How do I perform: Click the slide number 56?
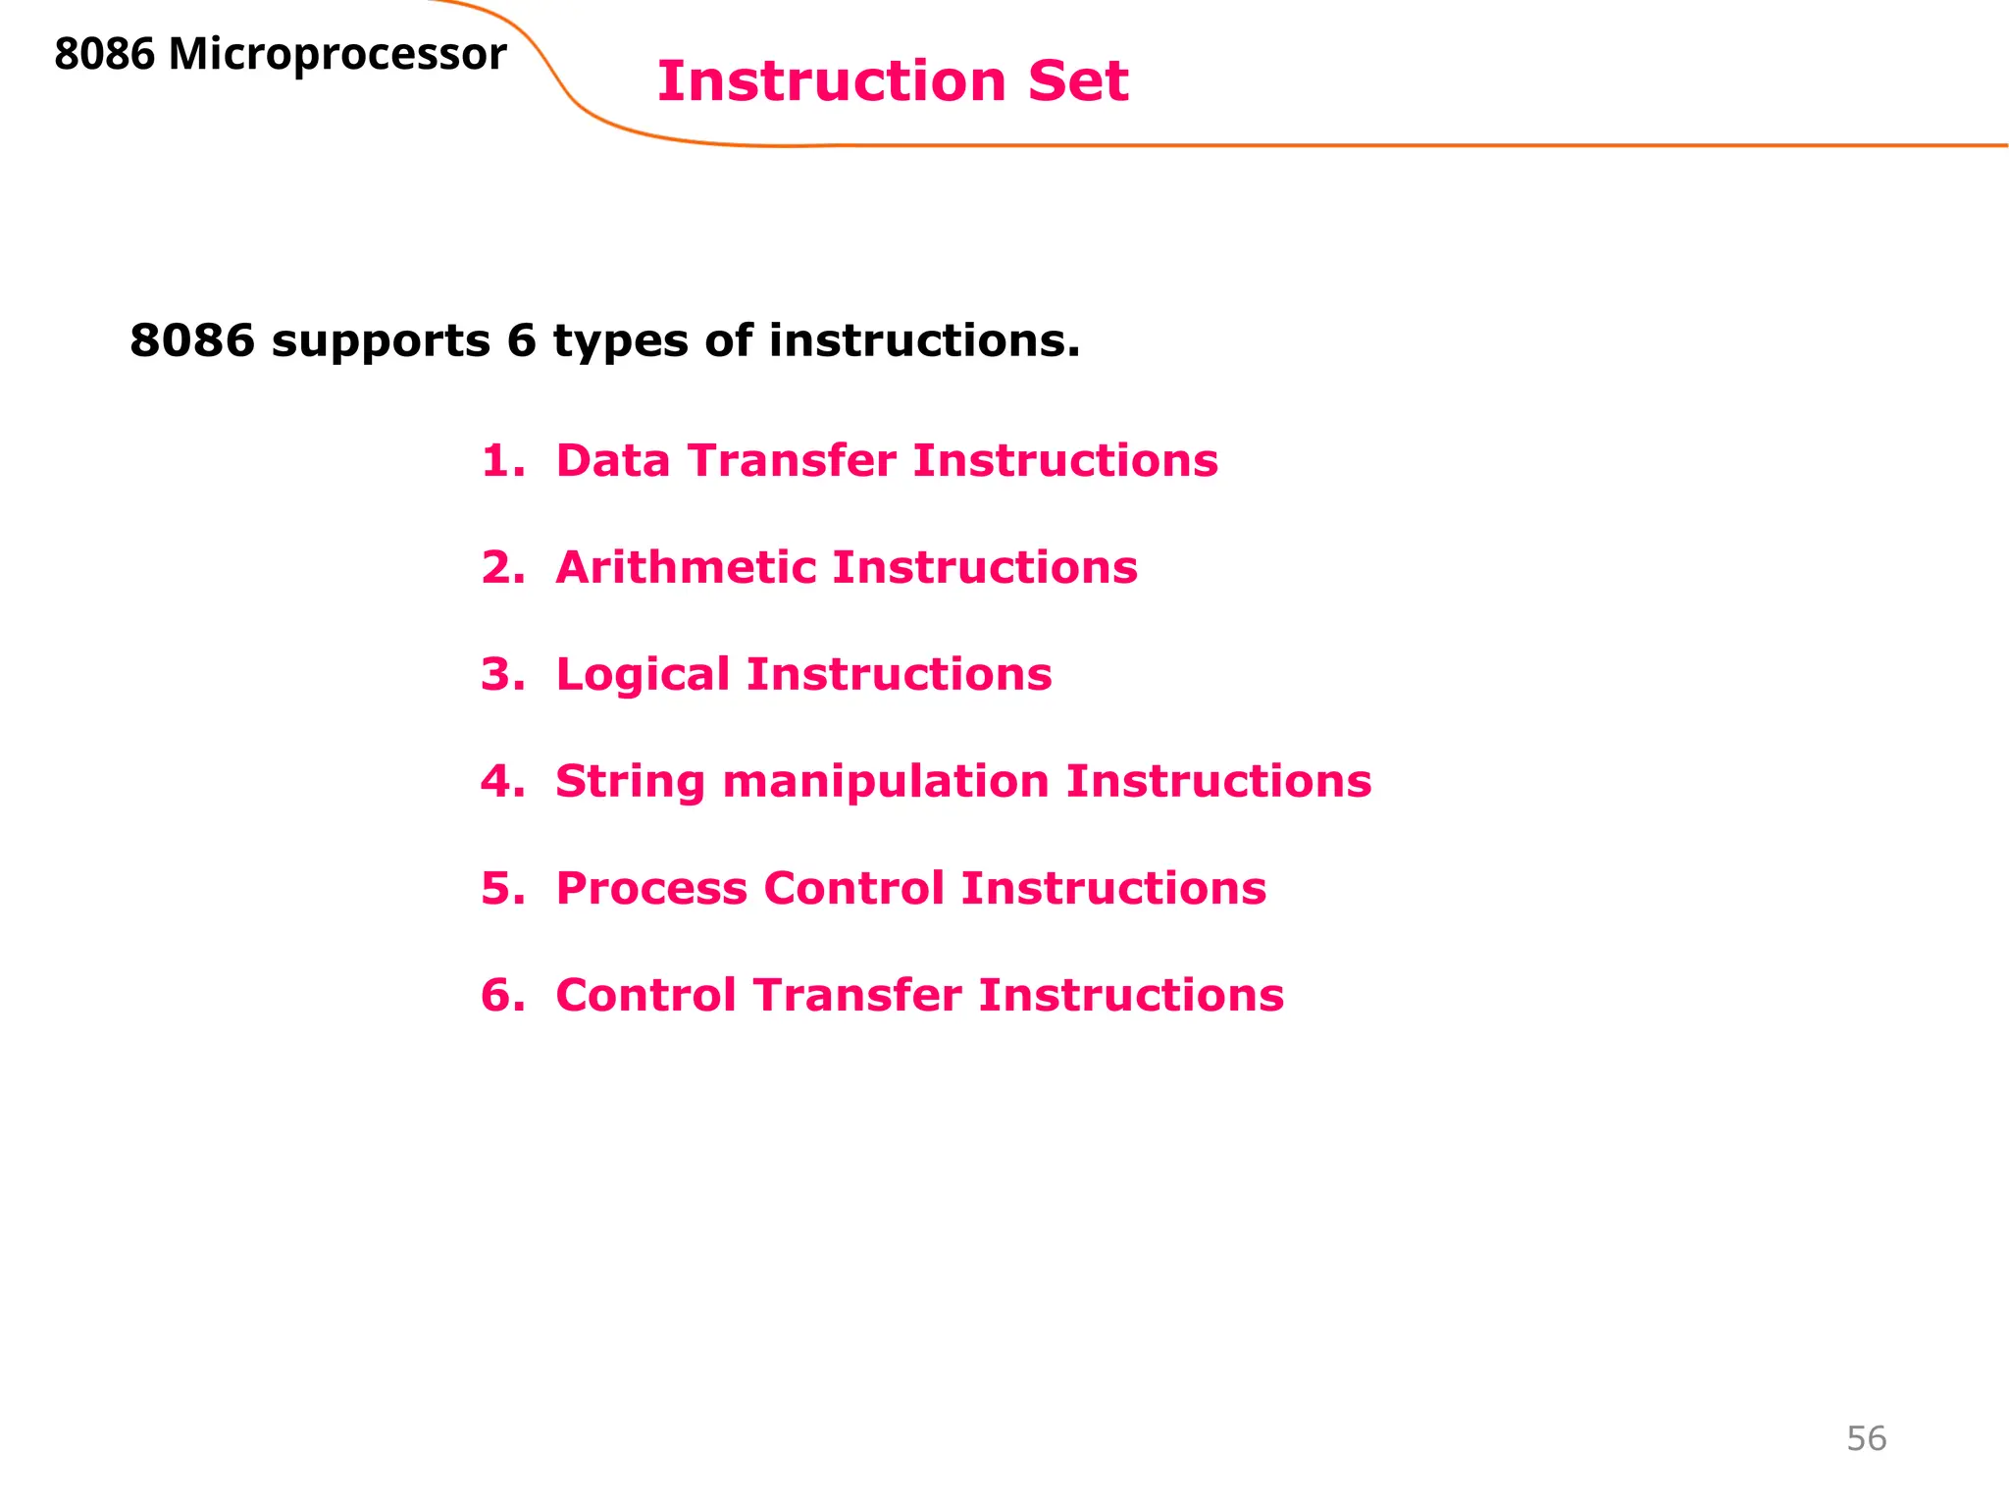pos(1866,1438)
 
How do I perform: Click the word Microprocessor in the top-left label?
pos(337,55)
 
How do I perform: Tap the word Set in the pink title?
pos(1078,80)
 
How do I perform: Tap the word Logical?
pos(643,675)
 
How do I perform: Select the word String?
pos(630,782)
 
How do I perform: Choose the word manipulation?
pos(886,782)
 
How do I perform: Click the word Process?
pos(650,889)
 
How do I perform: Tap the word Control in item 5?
pos(853,889)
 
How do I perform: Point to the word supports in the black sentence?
pos(381,342)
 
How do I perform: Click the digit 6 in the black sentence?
pos(522,341)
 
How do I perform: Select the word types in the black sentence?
pos(621,342)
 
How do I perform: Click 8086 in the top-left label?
pos(104,55)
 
